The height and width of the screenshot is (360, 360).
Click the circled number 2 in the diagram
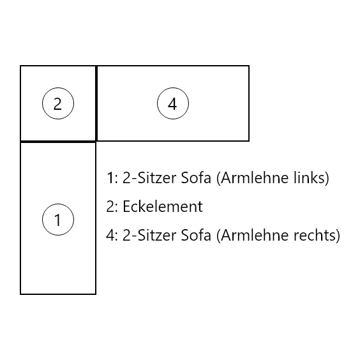point(58,103)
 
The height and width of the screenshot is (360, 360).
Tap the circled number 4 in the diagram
point(173,103)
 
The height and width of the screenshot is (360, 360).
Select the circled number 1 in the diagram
point(58,220)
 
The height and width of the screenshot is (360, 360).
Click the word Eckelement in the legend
point(163,206)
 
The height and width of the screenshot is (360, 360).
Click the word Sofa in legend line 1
point(196,177)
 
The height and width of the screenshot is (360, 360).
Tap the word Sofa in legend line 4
point(196,236)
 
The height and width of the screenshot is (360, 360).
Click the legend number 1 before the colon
point(110,178)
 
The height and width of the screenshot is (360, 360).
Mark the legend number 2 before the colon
point(110,206)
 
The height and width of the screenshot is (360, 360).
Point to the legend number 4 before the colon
point(110,236)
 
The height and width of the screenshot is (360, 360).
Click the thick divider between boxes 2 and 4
point(96,103)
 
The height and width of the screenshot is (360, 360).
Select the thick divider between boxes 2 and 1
point(58,142)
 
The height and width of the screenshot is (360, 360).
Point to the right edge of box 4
point(249,103)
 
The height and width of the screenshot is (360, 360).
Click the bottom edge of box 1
point(58,294)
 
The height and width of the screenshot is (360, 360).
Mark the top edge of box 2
point(58,66)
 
